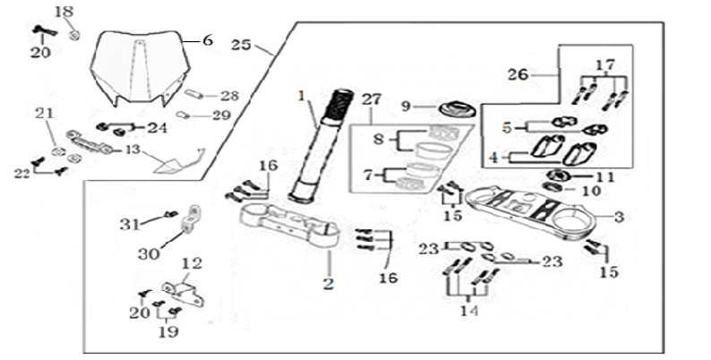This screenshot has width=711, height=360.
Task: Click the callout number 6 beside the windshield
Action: pyautogui.click(x=208, y=40)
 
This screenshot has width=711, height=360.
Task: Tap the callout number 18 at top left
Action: pyautogui.click(x=64, y=12)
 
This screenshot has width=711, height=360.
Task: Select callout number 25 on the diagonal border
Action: pyautogui.click(x=241, y=45)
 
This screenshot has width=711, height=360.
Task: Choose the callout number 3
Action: pyautogui.click(x=617, y=216)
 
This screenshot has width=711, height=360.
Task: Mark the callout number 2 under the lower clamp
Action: pyautogui.click(x=328, y=284)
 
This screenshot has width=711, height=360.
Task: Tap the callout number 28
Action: pyautogui.click(x=229, y=95)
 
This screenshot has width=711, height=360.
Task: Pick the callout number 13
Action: pyautogui.click(x=131, y=150)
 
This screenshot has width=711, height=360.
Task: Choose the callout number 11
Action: pyautogui.click(x=606, y=176)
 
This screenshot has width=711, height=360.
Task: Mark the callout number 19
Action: pyautogui.click(x=167, y=331)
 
